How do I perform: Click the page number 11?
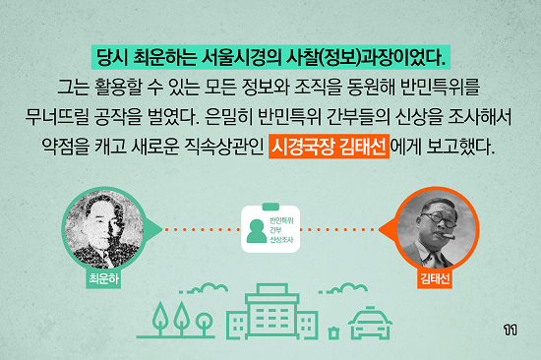coord(511,330)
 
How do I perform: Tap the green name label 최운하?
coord(103,278)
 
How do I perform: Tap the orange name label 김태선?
coord(435,278)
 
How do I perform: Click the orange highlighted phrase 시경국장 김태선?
coord(329,147)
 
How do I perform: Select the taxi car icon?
coord(370,322)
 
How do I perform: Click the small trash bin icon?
coord(333,332)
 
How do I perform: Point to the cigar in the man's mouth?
coord(447,236)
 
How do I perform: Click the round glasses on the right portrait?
coord(439,218)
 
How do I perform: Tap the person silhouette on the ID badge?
coord(257,230)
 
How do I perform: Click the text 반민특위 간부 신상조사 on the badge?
coord(281,230)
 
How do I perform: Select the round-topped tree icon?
coord(205,324)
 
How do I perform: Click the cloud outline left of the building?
coord(204,288)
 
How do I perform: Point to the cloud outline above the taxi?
coord(343,288)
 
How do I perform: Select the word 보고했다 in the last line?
coord(460,147)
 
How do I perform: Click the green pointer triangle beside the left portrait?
coord(152,229)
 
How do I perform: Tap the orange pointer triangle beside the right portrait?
coord(388,229)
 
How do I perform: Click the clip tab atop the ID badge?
coord(270,207)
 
